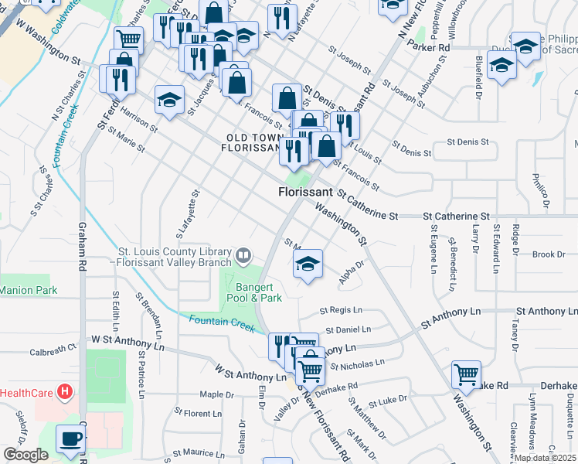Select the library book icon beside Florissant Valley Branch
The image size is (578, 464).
(243, 254)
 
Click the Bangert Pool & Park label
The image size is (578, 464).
(258, 292)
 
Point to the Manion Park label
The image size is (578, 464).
(29, 290)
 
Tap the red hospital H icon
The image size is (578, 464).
(65, 393)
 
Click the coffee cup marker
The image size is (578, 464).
(71, 439)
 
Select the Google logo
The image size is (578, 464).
(25, 455)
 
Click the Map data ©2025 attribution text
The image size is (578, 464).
(545, 458)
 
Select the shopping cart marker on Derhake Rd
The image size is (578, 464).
(467, 374)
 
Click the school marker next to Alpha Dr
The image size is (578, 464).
(308, 264)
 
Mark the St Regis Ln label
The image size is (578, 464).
(341, 311)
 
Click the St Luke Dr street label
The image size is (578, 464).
(387, 401)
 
